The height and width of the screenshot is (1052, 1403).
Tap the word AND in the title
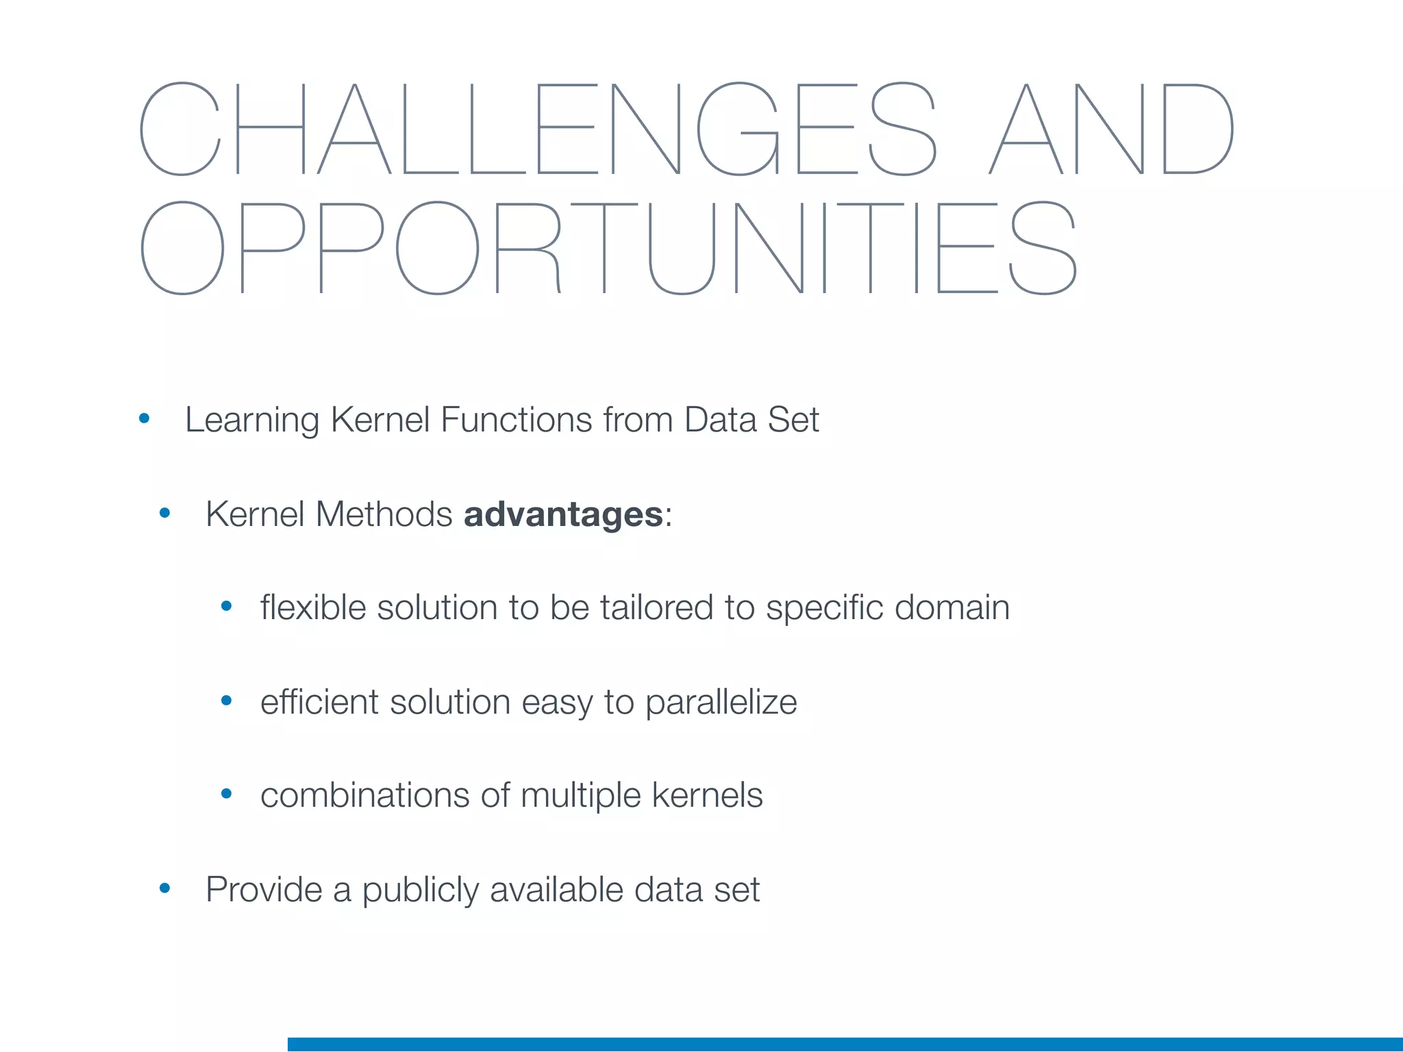pos(1110,129)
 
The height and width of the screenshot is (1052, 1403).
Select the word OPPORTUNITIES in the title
pos(608,248)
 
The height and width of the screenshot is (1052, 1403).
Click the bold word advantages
pos(563,514)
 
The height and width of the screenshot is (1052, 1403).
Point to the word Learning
pos(251,421)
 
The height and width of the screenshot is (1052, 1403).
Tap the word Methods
pos(384,514)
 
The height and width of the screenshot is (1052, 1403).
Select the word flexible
pos(313,608)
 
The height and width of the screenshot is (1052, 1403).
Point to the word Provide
pos(264,890)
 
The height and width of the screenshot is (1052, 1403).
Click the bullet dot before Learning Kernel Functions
pos(144,418)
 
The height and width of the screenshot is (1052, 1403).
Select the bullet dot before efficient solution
pos(227,700)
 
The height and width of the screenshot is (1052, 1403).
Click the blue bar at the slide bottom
pos(845,1044)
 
